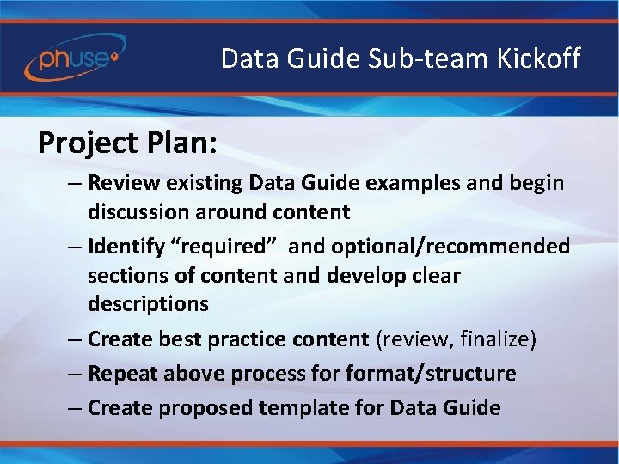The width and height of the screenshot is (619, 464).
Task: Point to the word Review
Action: [x=121, y=182]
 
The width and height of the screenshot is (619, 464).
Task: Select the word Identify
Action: [x=128, y=247]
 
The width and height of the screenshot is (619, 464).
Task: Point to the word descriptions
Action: [x=147, y=304]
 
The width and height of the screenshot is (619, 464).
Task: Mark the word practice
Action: [x=241, y=339]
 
